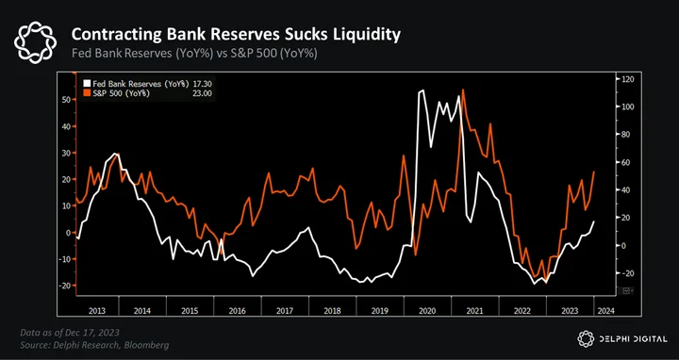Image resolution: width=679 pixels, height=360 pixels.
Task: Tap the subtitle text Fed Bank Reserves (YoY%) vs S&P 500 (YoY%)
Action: tap(194, 55)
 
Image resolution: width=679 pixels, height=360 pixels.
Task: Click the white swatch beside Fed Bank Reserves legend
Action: tap(87, 84)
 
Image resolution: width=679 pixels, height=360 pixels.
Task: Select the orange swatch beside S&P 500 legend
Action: tap(87, 93)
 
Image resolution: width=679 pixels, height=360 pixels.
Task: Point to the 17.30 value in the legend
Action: tap(203, 84)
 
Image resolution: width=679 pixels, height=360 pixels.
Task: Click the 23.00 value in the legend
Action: tap(203, 93)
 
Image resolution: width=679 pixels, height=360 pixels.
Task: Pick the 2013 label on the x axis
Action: tap(97, 310)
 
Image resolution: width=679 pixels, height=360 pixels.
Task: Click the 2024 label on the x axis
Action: tap(605, 310)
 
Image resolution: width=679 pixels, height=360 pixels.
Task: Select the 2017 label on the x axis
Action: tap(286, 310)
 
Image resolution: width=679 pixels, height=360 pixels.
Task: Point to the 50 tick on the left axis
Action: tap(66, 100)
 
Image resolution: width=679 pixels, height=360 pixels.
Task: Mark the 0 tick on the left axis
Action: tap(68, 233)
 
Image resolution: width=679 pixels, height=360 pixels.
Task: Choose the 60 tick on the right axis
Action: tap(626, 162)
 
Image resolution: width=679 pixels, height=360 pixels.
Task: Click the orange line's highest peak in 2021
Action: tap(463, 90)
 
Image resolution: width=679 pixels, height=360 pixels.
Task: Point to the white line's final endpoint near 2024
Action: tap(594, 221)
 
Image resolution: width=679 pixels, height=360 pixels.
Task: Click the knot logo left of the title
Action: tap(35, 42)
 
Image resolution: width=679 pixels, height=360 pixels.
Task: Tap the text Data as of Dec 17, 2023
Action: tap(70, 333)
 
